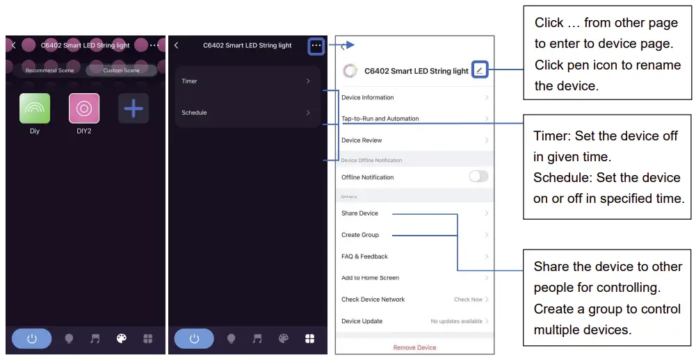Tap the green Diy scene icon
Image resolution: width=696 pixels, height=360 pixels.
[35, 108]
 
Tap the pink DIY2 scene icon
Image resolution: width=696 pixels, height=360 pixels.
[84, 108]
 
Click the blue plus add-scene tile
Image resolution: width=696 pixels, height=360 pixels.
[133, 108]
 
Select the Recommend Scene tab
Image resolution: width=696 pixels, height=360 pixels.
[49, 70]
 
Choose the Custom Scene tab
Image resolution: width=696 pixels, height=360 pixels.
[121, 70]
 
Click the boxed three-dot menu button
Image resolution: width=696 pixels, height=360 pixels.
[316, 46]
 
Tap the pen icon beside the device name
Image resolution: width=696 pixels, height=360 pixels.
[480, 70]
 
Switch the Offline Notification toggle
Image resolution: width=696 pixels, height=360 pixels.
[478, 177]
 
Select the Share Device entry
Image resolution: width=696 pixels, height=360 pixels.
[359, 213]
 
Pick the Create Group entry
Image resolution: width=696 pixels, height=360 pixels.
[360, 235]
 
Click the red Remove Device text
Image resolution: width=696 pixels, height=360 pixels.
[414, 347]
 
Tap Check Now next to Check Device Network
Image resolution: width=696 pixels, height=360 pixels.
[468, 300]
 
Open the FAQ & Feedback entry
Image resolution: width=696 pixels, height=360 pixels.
[364, 256]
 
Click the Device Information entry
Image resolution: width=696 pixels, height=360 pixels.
[368, 97]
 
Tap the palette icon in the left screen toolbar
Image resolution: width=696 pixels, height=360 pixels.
[122, 338]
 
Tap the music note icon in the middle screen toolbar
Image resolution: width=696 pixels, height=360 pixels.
[257, 338]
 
